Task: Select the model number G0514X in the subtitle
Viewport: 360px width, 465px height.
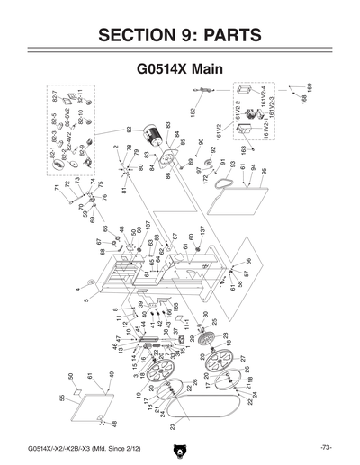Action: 164,68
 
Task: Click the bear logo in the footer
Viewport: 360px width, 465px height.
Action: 180,447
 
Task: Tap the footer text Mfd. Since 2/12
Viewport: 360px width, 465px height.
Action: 116,447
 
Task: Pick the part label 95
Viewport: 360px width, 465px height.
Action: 265,171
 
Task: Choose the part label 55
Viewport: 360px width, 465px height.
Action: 61,397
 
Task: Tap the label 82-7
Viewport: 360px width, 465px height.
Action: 55,95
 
